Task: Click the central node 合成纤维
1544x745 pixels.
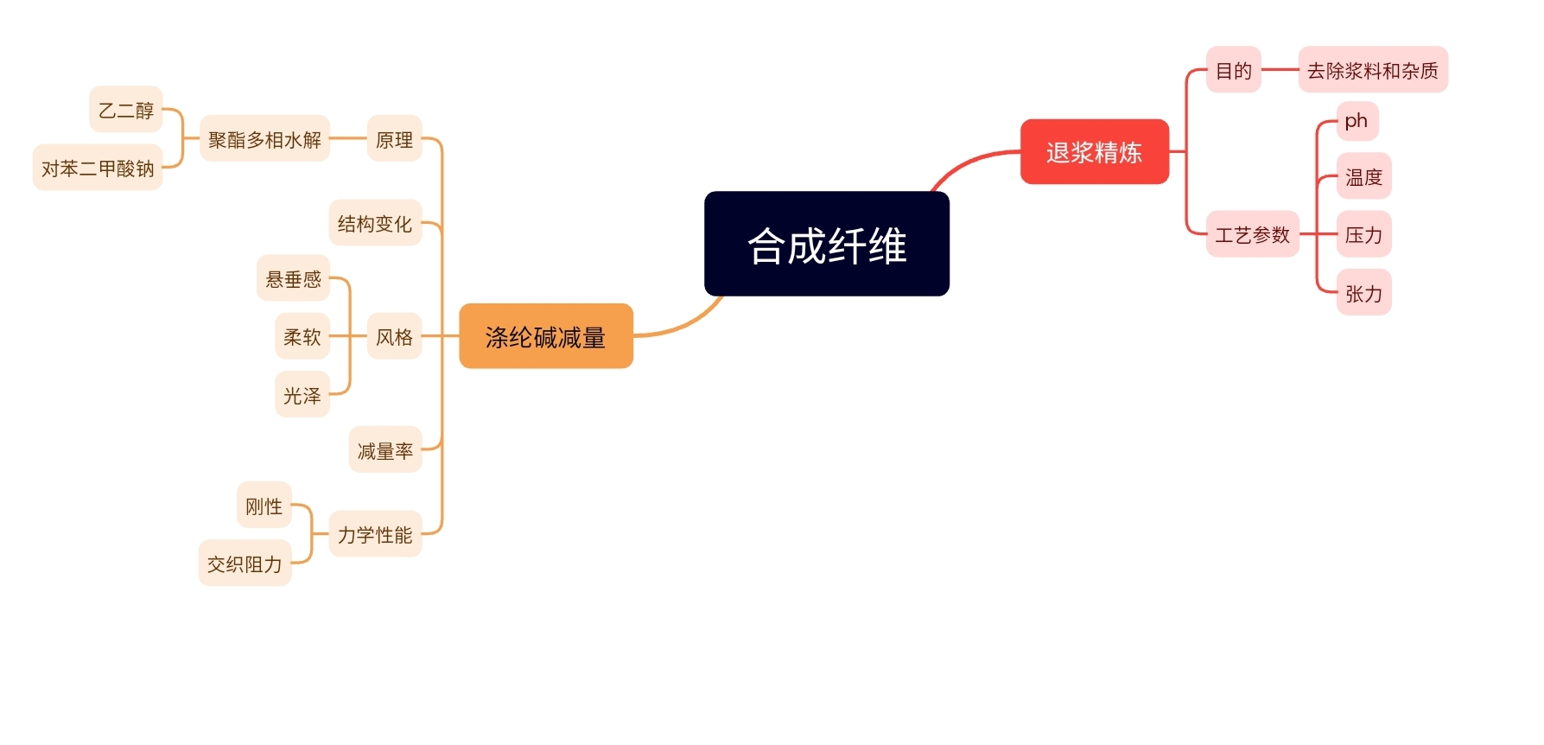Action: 827,245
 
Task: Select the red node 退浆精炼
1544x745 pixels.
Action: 1094,152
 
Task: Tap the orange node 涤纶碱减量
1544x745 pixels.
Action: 546,336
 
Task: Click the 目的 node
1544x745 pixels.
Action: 1233,70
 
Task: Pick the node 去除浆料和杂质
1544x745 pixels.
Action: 1372,70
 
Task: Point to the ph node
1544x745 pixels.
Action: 1357,121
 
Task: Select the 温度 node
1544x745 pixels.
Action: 1363,177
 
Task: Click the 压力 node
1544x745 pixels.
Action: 1363,234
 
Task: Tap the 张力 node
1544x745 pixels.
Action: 1363,293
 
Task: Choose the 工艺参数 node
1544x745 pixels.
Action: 1252,234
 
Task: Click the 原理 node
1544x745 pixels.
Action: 394,139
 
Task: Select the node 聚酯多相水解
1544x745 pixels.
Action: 264,139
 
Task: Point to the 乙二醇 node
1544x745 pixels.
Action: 126,110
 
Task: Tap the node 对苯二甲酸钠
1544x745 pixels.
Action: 98,168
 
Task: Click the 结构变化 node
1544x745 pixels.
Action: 375,224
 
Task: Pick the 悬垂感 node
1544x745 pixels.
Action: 294,278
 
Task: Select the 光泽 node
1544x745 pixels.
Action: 302,395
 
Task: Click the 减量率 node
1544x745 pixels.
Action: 385,450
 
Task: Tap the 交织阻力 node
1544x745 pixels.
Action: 245,564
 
